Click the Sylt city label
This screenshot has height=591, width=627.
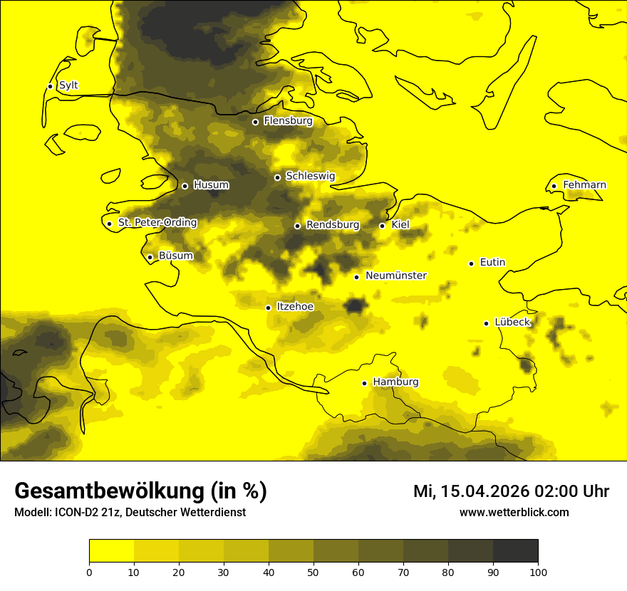coord(68,85)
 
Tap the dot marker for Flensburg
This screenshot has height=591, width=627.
coord(255,122)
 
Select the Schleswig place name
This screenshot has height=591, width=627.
coord(310,176)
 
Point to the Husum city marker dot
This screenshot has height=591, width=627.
coord(185,186)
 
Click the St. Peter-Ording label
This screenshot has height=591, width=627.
coord(157,222)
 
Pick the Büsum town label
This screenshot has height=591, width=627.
coord(175,256)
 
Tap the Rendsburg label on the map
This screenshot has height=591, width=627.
coord(333,225)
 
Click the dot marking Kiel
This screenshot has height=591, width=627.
coord(382,226)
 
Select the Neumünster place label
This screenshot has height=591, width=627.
coord(396,276)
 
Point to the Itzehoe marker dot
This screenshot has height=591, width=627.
coord(268,308)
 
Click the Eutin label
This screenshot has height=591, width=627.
coord(492,262)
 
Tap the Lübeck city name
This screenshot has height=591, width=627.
coord(512,322)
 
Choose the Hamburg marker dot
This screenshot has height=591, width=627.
coord(364,383)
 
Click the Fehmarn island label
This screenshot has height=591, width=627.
coord(584,185)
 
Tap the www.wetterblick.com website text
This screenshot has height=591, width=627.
coord(514,513)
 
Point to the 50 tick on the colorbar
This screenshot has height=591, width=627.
coord(313,572)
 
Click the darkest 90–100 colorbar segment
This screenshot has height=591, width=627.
coord(515,551)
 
